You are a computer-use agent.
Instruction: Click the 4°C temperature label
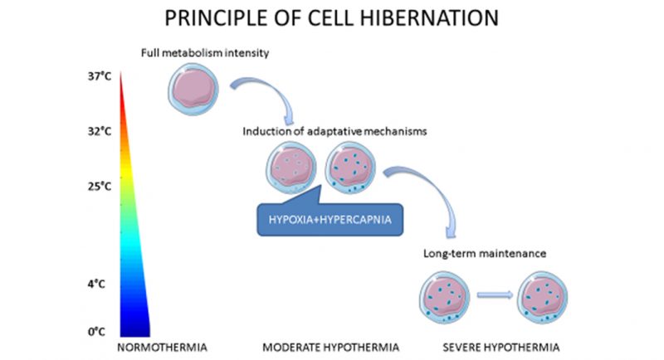pos(97,284)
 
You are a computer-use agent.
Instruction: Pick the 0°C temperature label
pos(97,332)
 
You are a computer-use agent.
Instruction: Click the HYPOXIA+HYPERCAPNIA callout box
pos(328,219)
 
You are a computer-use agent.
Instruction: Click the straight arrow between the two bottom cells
pos(494,294)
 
